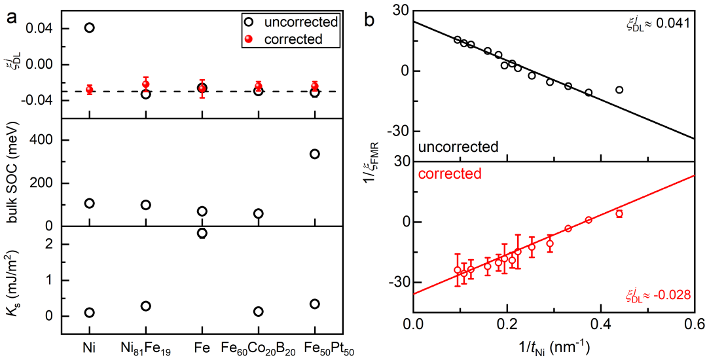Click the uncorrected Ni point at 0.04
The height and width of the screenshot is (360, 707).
pos(89,27)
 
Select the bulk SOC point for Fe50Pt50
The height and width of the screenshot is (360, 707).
pos(315,154)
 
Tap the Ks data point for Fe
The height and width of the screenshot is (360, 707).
pos(202,233)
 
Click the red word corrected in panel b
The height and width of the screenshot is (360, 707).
pos(451,174)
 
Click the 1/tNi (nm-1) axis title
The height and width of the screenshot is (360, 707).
pos(554,344)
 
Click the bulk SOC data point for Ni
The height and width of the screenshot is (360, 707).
pos(89,203)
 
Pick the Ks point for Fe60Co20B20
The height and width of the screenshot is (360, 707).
pos(259,312)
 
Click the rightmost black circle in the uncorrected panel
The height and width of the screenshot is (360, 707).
pos(619,90)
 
